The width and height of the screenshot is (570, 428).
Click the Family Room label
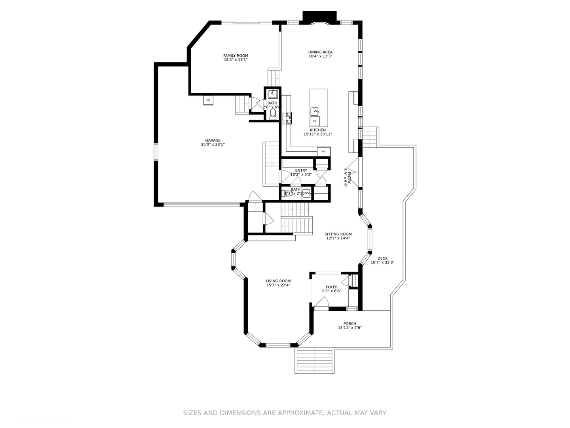click(236, 55)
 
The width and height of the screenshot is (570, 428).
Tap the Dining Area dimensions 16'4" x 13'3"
click(320, 56)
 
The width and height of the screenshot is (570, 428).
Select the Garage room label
click(213, 140)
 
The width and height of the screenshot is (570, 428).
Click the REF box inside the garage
click(208, 100)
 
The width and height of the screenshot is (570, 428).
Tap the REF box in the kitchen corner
click(323, 151)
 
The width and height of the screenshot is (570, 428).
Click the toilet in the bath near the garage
click(273, 113)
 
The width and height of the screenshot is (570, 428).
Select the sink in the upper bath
click(273, 94)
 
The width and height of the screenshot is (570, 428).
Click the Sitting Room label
click(338, 234)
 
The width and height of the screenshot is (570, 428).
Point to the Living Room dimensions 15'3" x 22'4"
click(278, 285)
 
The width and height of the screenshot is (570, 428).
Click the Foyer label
click(332, 287)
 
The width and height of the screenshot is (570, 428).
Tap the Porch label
click(350, 323)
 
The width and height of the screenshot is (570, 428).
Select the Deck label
click(382, 258)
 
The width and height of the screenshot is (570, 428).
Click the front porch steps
click(315, 360)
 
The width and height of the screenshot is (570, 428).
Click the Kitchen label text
click(317, 130)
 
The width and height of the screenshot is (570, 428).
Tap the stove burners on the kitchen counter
click(288, 118)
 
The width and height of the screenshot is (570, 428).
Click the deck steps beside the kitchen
click(370, 137)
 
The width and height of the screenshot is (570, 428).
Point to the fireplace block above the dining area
click(319, 16)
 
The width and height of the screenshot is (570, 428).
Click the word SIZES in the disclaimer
click(192, 413)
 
